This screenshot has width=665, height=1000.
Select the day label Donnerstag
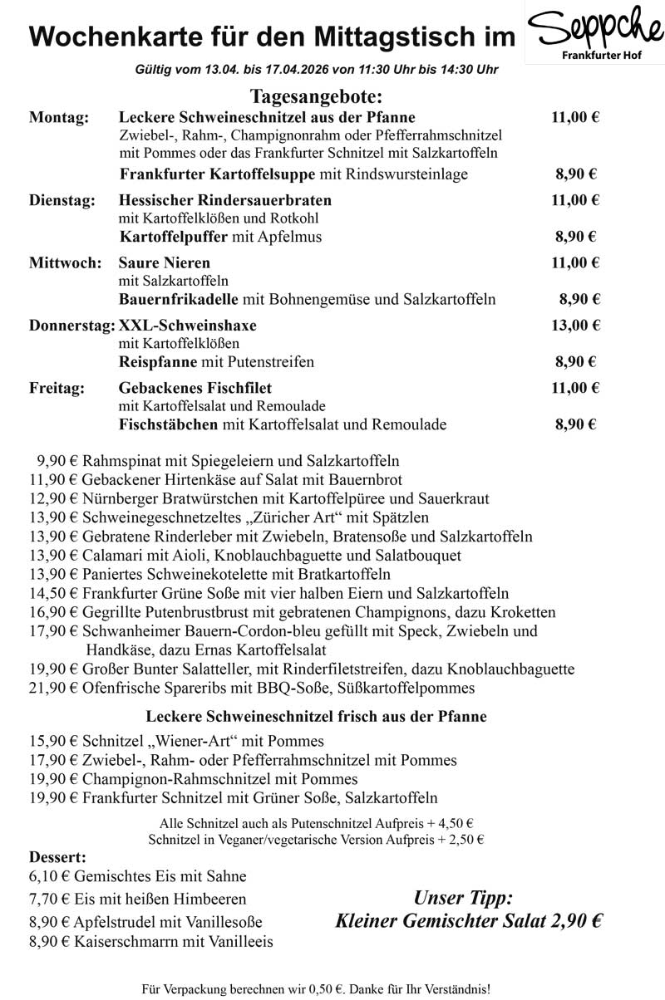click(71, 325)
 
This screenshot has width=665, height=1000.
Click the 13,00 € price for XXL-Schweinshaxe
click(575, 325)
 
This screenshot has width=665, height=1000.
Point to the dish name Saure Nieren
click(164, 263)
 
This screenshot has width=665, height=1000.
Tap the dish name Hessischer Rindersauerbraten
click(225, 200)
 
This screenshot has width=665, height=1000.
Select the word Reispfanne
click(158, 362)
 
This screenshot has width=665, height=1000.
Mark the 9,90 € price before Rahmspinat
click(56, 461)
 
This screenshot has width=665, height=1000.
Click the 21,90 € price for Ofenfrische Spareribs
click(52, 689)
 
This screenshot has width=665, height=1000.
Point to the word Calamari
click(111, 556)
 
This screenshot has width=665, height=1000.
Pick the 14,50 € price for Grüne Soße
click(52, 594)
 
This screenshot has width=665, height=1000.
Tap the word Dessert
click(57, 857)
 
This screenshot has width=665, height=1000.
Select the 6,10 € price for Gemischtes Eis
click(49, 876)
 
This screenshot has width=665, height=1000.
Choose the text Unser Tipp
click(463, 898)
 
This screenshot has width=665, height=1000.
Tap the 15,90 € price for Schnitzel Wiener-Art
click(52, 741)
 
